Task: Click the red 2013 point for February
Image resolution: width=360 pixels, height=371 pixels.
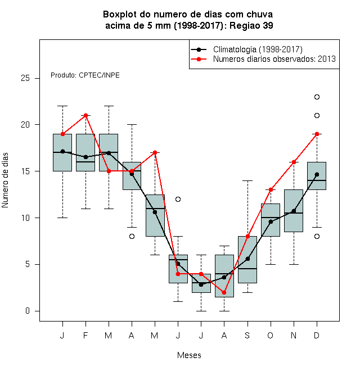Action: tap(85, 115)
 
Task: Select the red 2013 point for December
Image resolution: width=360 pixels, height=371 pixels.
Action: tap(317, 134)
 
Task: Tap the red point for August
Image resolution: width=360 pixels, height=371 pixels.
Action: tap(224, 293)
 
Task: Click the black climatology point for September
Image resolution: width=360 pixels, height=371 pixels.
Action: tap(247, 259)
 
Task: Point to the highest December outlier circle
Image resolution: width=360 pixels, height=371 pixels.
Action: tap(317, 97)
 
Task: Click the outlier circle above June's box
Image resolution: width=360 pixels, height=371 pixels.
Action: tap(178, 199)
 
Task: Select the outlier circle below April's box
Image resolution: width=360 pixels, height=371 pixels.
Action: tap(132, 236)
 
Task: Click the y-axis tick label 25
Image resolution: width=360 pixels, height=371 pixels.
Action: tap(25, 78)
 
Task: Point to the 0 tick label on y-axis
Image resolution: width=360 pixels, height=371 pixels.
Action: tap(28, 311)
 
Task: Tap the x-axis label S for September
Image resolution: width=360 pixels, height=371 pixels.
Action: tap(247, 335)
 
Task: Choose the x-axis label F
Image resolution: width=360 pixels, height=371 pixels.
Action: tap(85, 335)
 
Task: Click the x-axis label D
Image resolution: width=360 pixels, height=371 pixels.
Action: tap(317, 335)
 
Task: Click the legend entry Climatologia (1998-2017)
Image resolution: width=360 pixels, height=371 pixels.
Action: tap(258, 49)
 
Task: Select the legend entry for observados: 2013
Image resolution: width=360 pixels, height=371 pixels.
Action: tap(274, 59)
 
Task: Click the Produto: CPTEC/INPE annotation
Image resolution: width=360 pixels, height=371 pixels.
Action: tap(85, 75)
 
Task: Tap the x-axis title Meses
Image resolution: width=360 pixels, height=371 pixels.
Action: tap(189, 355)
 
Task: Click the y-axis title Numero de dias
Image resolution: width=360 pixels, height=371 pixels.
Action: tap(5, 180)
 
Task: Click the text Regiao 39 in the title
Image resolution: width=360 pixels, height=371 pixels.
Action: tap(251, 25)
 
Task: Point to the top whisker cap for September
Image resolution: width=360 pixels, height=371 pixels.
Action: tap(247, 181)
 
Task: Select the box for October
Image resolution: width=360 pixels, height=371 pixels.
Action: tap(271, 220)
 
